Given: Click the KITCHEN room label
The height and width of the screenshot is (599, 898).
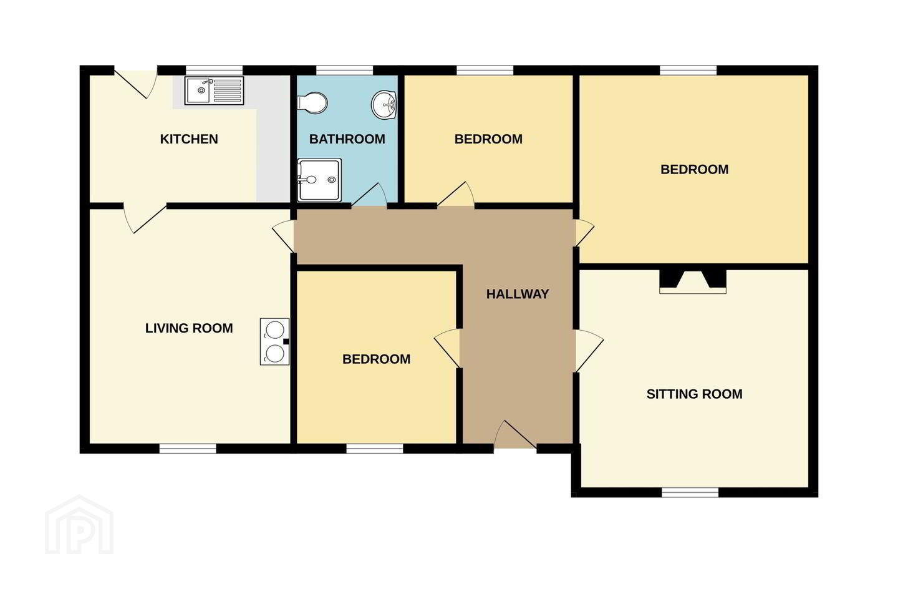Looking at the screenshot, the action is (x=189, y=139).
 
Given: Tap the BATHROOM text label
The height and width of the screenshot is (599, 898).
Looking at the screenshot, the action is (x=347, y=139).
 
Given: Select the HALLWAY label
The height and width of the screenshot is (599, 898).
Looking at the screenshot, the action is (x=517, y=295).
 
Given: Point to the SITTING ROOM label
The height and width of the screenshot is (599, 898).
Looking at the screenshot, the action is (x=694, y=394).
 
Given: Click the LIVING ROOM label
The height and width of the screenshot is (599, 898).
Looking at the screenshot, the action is (x=189, y=328).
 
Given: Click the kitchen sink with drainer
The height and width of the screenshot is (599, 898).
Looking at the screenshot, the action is (x=214, y=90).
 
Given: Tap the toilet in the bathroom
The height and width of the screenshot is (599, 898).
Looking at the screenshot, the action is (x=312, y=103).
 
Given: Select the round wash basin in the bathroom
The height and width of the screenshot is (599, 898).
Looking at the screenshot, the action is (x=384, y=105).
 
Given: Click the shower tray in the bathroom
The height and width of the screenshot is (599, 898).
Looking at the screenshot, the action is (x=319, y=180).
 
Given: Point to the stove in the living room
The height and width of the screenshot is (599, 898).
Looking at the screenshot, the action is (x=274, y=341).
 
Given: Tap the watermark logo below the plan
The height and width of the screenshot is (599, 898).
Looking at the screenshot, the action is (x=79, y=525).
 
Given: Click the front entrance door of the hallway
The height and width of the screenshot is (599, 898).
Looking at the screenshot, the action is (x=515, y=435).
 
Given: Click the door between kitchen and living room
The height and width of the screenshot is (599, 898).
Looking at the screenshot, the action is (x=145, y=218).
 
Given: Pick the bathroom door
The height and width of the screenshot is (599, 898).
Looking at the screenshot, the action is (x=369, y=196).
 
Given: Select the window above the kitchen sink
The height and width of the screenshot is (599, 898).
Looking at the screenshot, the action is (x=215, y=71).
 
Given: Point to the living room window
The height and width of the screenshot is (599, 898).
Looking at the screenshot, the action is (x=188, y=449).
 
